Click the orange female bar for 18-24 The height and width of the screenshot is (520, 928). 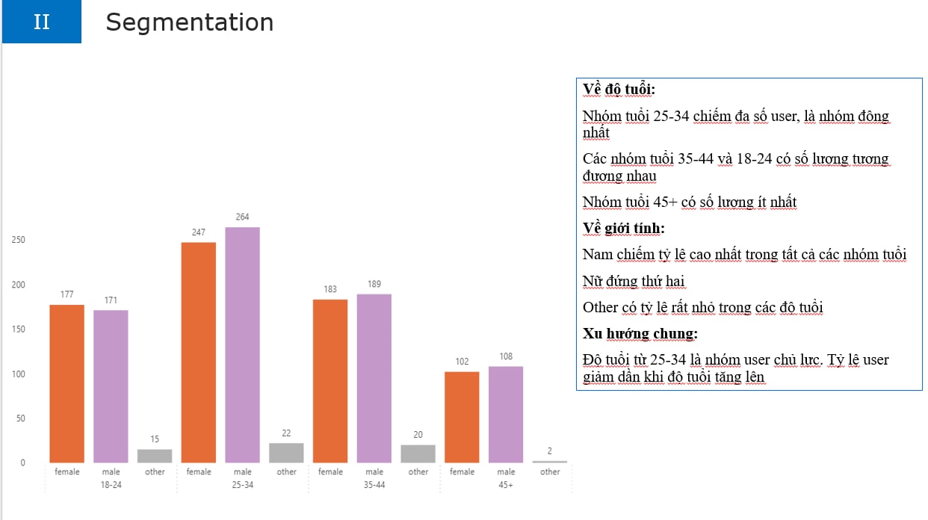(67, 383)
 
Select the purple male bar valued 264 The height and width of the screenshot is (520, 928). (243, 344)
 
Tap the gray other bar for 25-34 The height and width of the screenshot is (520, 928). (287, 453)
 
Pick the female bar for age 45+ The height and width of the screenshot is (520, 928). (462, 417)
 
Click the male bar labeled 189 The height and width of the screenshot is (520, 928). (374, 378)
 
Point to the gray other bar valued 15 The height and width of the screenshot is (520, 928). (155, 456)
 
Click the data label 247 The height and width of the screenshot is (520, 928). (199, 232)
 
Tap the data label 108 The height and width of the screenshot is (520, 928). (506, 356)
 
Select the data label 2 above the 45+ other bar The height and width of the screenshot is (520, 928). (550, 451)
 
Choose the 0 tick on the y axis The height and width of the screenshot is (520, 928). (22, 463)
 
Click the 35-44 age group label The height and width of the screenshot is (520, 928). (374, 485)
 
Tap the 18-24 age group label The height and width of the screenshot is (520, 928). (111, 485)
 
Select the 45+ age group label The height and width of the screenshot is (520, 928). (506, 485)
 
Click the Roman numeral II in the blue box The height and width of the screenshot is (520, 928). (42, 22)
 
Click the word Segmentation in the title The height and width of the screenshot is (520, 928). (190, 22)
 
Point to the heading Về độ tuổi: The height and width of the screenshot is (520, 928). (619, 90)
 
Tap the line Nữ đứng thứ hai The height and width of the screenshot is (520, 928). (634, 281)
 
